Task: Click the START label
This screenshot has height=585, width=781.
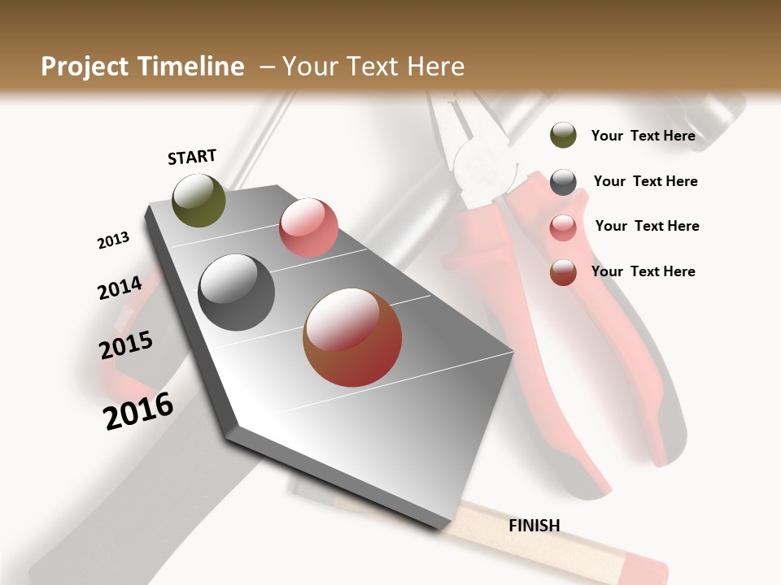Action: tap(192, 156)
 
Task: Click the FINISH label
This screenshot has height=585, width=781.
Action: tap(534, 526)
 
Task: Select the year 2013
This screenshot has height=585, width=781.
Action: tap(113, 240)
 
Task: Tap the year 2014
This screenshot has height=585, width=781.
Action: tap(120, 288)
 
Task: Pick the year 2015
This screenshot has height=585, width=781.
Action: tap(126, 345)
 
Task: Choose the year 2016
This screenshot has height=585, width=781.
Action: tap(138, 410)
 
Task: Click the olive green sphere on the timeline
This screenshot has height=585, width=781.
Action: tap(199, 200)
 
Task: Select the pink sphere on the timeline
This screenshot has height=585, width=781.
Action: tap(308, 227)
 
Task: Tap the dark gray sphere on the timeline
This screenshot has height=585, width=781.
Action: tap(237, 292)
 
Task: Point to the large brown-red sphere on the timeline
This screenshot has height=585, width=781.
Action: tap(352, 337)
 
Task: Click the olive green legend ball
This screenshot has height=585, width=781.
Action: tap(563, 135)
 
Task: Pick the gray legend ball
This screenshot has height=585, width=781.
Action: tap(563, 182)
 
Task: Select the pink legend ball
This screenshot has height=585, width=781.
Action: tap(563, 227)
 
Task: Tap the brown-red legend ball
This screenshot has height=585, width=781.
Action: tap(563, 273)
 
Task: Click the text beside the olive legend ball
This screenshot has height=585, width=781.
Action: tap(643, 136)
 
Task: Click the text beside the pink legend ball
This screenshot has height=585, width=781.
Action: tap(647, 226)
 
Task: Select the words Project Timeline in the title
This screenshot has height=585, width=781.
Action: tap(142, 67)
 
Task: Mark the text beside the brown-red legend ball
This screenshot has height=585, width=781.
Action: tap(643, 271)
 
